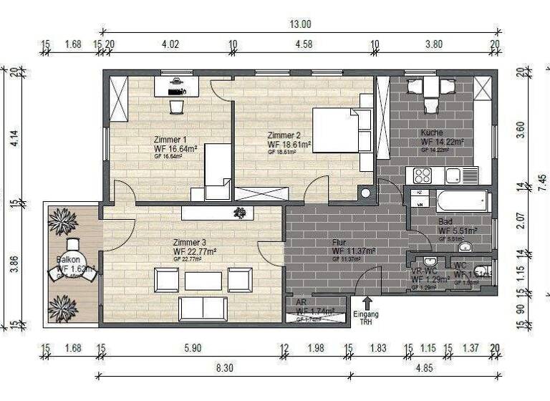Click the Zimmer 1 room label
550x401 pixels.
[170, 140]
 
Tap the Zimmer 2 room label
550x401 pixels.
[284, 135]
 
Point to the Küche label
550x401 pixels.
[432, 133]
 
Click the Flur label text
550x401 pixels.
[339, 243]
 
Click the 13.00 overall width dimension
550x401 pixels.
[300, 24]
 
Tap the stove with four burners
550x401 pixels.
[422, 175]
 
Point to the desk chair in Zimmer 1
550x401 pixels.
[176, 106]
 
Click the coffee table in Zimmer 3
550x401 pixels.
[203, 281]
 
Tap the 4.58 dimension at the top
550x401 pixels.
[303, 44]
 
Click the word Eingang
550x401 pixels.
[366, 314]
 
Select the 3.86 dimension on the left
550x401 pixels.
[14, 265]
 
